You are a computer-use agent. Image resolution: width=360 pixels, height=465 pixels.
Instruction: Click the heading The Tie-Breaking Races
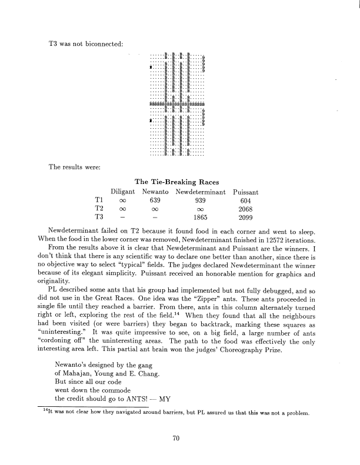point(179,182)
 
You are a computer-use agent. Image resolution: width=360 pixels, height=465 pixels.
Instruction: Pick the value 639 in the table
point(156,200)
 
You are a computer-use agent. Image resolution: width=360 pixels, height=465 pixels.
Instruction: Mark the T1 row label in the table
point(99,200)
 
